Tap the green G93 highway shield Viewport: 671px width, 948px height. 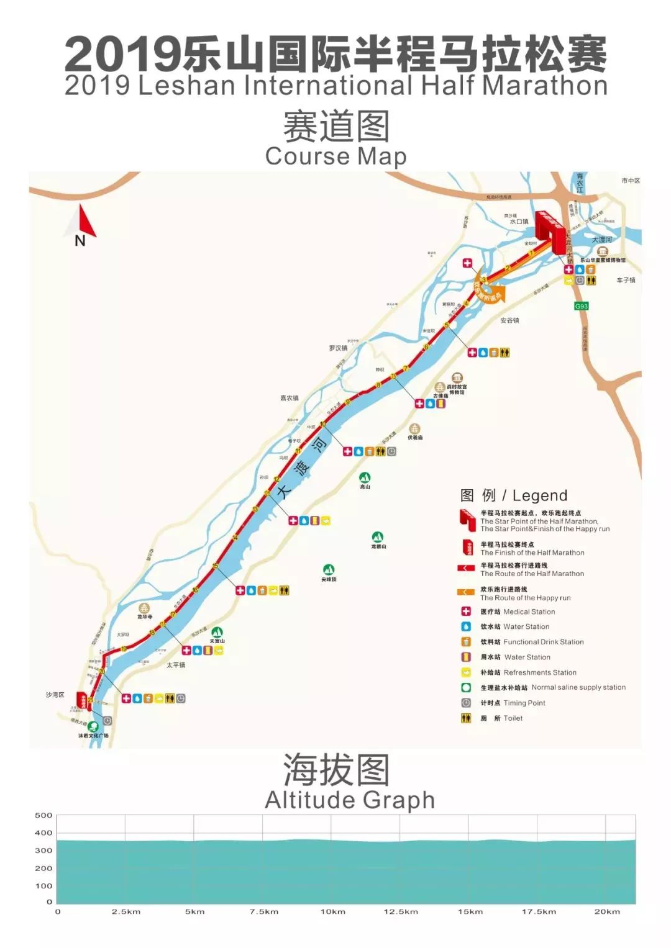(x=581, y=306)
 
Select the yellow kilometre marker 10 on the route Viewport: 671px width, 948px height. (x=322, y=425)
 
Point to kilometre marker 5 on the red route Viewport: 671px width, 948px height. (x=447, y=325)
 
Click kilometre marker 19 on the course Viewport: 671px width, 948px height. (x=124, y=649)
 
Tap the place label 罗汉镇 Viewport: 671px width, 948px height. (x=338, y=348)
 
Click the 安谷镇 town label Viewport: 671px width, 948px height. (x=509, y=320)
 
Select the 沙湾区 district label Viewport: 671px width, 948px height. (x=55, y=695)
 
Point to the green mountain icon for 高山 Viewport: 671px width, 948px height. (x=365, y=477)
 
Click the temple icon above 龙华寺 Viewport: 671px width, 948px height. (x=145, y=608)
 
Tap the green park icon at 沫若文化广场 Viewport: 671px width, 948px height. (x=93, y=726)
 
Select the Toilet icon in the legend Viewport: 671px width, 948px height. (x=466, y=718)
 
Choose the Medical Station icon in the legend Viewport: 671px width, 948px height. (x=466, y=612)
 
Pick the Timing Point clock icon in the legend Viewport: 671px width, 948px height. (x=466, y=703)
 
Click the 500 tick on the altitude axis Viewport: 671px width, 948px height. (x=43, y=815)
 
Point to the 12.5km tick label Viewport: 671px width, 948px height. (x=401, y=911)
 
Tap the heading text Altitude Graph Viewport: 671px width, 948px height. (x=350, y=800)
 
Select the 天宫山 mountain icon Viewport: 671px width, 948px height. (x=217, y=633)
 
